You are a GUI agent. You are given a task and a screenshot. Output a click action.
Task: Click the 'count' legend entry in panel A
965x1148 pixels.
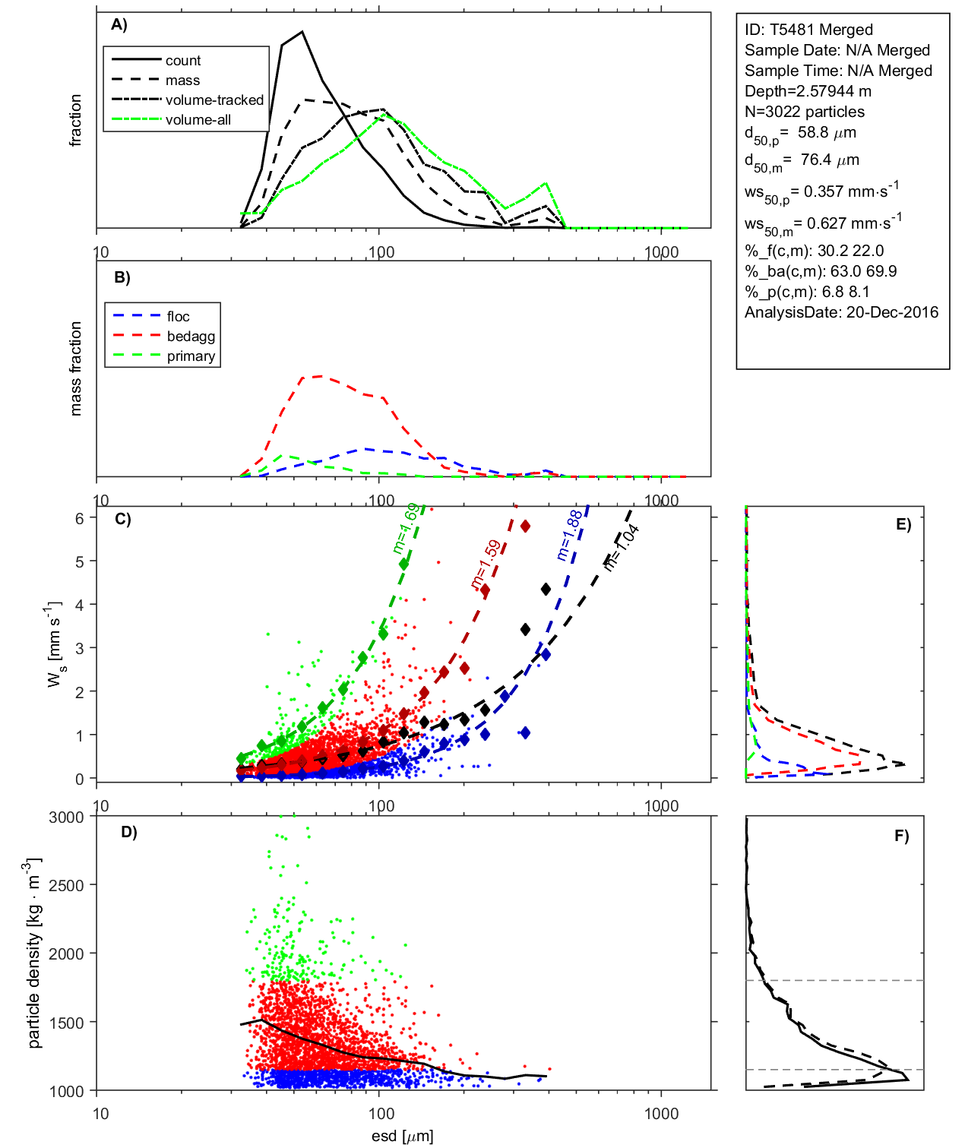click(x=182, y=61)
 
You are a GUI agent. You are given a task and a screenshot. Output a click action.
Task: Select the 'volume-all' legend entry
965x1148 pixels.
click(x=198, y=120)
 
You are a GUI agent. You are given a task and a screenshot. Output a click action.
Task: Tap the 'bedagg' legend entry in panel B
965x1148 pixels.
click(x=191, y=337)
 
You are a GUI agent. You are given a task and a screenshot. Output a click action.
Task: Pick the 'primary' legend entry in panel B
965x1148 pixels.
click(x=191, y=356)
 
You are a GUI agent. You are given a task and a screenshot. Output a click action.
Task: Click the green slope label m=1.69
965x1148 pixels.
click(x=406, y=529)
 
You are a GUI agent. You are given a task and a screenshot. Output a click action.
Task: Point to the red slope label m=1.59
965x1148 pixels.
click(x=486, y=564)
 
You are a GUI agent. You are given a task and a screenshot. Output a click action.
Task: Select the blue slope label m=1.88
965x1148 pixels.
click(x=569, y=535)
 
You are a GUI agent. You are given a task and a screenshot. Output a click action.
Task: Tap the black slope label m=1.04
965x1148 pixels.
click(x=622, y=547)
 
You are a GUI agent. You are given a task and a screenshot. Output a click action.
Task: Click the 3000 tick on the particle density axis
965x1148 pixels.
click(x=66, y=818)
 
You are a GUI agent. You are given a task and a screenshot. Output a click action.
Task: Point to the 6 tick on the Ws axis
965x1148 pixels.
click(x=79, y=518)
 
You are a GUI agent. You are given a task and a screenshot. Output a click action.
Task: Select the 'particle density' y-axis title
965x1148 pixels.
click(x=33, y=954)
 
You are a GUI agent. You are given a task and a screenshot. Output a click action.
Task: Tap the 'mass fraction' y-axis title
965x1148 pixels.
click(x=75, y=368)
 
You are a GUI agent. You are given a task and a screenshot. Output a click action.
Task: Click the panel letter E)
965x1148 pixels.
click(x=903, y=524)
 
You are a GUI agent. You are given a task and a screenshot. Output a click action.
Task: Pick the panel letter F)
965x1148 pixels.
click(x=901, y=836)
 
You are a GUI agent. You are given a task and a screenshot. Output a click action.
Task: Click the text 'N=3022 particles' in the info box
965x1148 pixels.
click(x=804, y=112)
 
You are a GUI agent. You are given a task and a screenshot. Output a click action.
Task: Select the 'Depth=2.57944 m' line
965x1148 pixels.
click(x=808, y=91)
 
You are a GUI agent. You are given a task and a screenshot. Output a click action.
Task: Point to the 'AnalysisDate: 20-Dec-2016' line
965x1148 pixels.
click(x=841, y=312)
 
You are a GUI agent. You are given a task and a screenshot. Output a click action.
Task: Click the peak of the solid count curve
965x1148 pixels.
click(x=302, y=32)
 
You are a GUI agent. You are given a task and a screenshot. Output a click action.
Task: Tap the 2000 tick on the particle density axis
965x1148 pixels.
click(x=66, y=954)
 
